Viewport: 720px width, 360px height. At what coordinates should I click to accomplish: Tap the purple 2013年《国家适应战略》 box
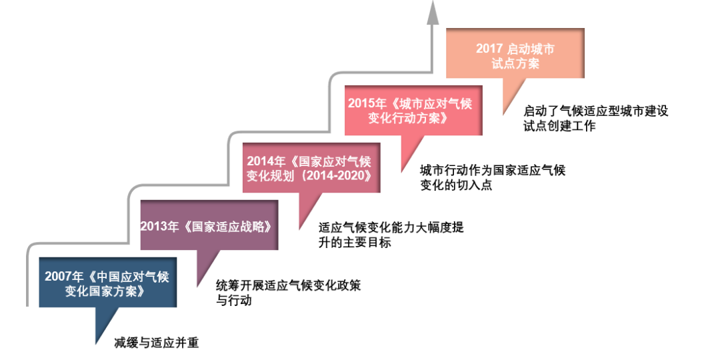[x=209, y=225]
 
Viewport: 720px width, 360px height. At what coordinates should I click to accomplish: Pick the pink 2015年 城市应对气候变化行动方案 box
[x=414, y=111]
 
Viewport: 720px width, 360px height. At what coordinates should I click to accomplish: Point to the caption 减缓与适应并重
[x=157, y=343]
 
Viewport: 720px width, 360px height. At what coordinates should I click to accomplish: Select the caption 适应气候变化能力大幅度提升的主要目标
[x=391, y=235]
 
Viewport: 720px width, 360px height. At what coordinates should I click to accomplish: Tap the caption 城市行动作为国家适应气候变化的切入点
[x=492, y=177]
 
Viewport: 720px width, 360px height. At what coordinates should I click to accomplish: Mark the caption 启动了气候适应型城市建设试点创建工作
[x=595, y=119]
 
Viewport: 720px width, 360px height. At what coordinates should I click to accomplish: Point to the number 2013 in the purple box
[x=153, y=226]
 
